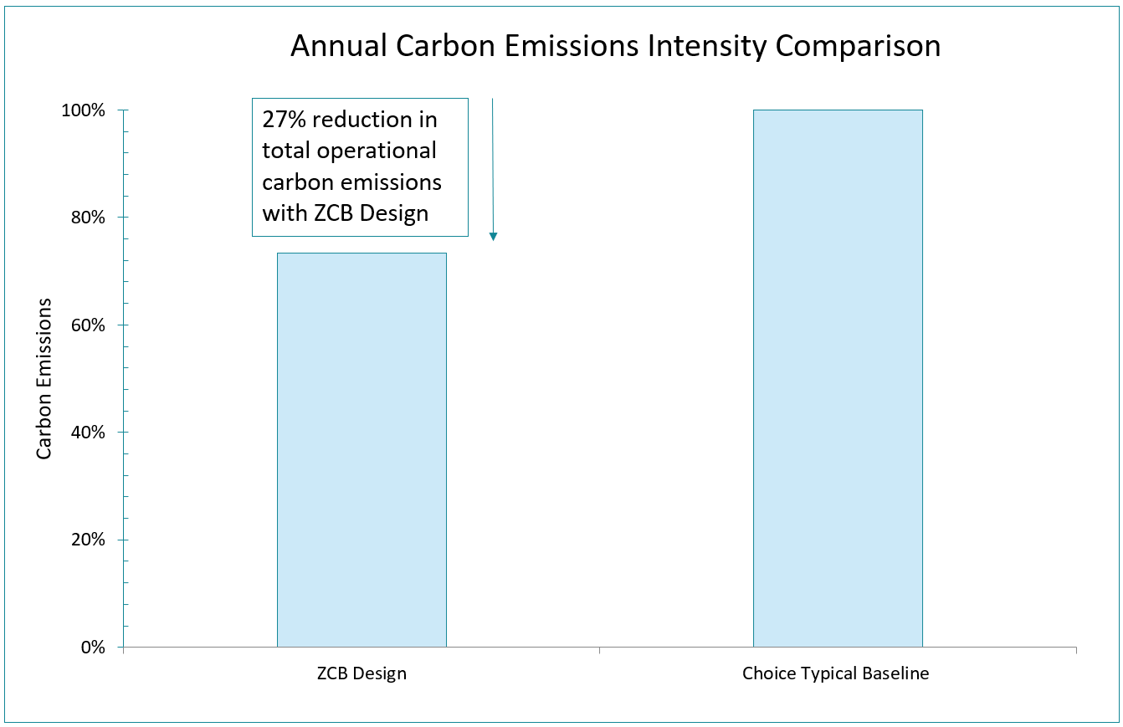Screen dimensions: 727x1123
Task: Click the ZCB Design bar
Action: [362, 450]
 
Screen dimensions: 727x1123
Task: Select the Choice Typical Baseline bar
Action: [838, 378]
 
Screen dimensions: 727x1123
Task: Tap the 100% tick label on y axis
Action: [86, 110]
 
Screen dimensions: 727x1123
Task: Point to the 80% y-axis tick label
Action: [90, 218]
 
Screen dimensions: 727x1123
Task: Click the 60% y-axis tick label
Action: [90, 325]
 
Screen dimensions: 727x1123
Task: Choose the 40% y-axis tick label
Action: [90, 433]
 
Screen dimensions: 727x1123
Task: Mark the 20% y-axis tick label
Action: [90, 540]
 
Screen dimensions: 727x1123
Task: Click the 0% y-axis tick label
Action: [94, 648]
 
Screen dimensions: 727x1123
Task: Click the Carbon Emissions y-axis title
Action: [44, 378]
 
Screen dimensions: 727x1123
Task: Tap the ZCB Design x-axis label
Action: [362, 674]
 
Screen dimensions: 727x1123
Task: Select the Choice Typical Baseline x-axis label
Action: [835, 674]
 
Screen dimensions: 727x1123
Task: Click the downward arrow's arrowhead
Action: [493, 236]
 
